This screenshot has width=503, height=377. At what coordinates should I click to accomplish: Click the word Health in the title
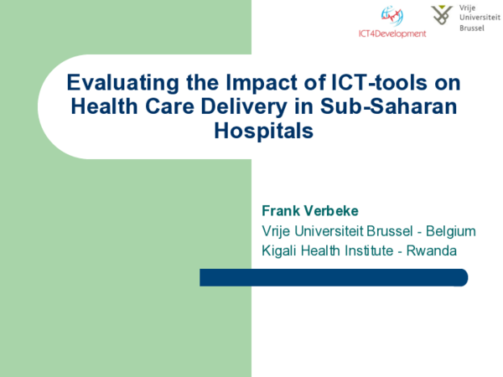point(103,107)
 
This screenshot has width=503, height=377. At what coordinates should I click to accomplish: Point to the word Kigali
point(282,250)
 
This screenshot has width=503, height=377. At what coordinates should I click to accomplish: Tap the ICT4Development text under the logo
point(392,34)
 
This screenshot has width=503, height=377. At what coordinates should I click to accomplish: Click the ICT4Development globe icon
point(392,16)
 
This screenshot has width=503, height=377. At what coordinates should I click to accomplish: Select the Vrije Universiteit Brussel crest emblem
point(442,15)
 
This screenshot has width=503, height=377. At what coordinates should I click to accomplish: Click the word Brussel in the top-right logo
point(472,28)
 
